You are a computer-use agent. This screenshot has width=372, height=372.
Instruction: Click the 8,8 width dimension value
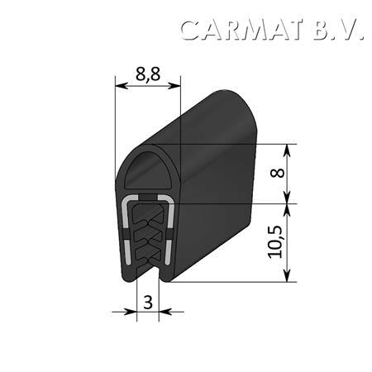[148, 74]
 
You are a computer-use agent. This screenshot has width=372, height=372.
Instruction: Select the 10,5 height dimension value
[275, 242]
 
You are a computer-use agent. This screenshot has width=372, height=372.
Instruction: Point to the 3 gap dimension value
[148, 303]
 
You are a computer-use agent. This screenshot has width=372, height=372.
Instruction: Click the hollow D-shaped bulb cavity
[149, 171]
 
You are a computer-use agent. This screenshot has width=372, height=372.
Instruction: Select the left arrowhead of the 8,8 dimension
[122, 86]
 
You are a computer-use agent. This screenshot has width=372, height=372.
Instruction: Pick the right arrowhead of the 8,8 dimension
[174, 86]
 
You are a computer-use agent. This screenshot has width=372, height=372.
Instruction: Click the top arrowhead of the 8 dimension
[287, 150]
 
